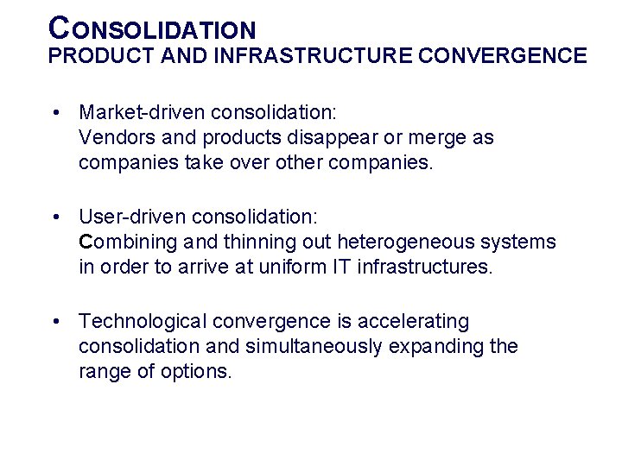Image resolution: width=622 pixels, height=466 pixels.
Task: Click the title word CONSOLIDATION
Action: coord(153,28)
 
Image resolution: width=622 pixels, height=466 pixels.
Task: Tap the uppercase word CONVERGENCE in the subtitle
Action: coord(502,57)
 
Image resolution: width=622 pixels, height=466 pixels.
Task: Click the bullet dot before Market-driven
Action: coord(54,112)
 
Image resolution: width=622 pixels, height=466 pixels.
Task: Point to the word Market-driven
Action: coord(142,112)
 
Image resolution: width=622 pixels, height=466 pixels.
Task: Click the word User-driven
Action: coord(131,217)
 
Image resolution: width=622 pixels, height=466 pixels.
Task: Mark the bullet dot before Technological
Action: coord(54,322)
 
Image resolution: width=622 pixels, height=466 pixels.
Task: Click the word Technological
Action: coord(143,322)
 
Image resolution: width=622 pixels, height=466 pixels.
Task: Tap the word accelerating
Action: coord(413,322)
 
